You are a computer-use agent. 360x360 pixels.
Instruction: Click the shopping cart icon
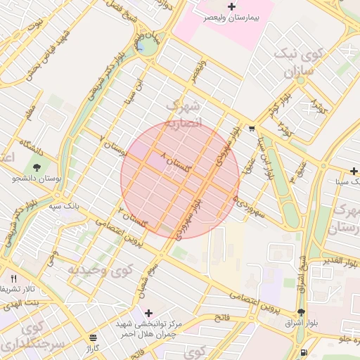252,129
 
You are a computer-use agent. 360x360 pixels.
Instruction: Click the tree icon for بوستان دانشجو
35,168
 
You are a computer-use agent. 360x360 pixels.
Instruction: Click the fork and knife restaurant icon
13,278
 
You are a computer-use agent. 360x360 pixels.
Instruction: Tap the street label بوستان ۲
116,146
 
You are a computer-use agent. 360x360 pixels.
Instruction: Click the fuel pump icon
303,352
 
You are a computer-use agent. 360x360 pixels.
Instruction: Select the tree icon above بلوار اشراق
301,312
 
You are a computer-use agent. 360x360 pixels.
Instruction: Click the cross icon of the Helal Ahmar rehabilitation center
148,313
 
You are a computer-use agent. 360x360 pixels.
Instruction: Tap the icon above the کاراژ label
94,338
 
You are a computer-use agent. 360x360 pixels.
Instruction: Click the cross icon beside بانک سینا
354,171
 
